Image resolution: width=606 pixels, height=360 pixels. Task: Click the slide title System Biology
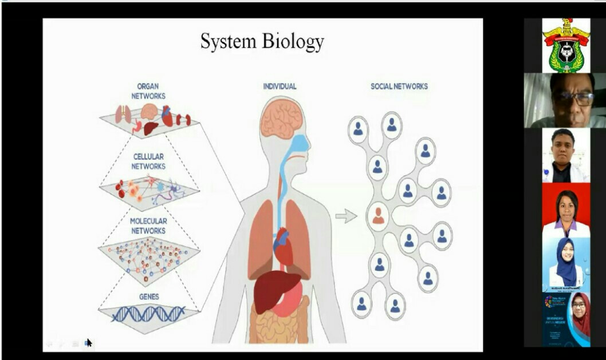pos(262,42)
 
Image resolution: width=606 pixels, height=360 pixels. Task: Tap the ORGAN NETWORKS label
pos(148,92)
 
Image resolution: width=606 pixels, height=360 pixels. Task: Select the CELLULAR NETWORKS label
pos(148,161)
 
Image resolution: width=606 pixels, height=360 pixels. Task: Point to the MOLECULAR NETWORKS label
pos(148,226)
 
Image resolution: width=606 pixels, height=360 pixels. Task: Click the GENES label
pos(148,297)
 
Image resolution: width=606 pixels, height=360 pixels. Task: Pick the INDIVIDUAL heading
pos(280,86)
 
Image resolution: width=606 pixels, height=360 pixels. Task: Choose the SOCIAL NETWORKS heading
pos(399,86)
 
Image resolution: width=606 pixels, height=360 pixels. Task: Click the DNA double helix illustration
pos(148,314)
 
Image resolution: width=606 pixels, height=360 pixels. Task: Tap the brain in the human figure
pos(281,118)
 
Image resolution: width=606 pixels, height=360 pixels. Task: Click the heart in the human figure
pos(282,246)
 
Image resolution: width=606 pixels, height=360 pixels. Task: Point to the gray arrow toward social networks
pos(345,216)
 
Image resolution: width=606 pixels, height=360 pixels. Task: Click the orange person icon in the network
pos(378,215)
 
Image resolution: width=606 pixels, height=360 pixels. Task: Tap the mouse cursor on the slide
pos(89,342)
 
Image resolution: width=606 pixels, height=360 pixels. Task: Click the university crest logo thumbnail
pos(565,46)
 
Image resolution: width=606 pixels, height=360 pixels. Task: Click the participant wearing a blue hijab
pos(565,264)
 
